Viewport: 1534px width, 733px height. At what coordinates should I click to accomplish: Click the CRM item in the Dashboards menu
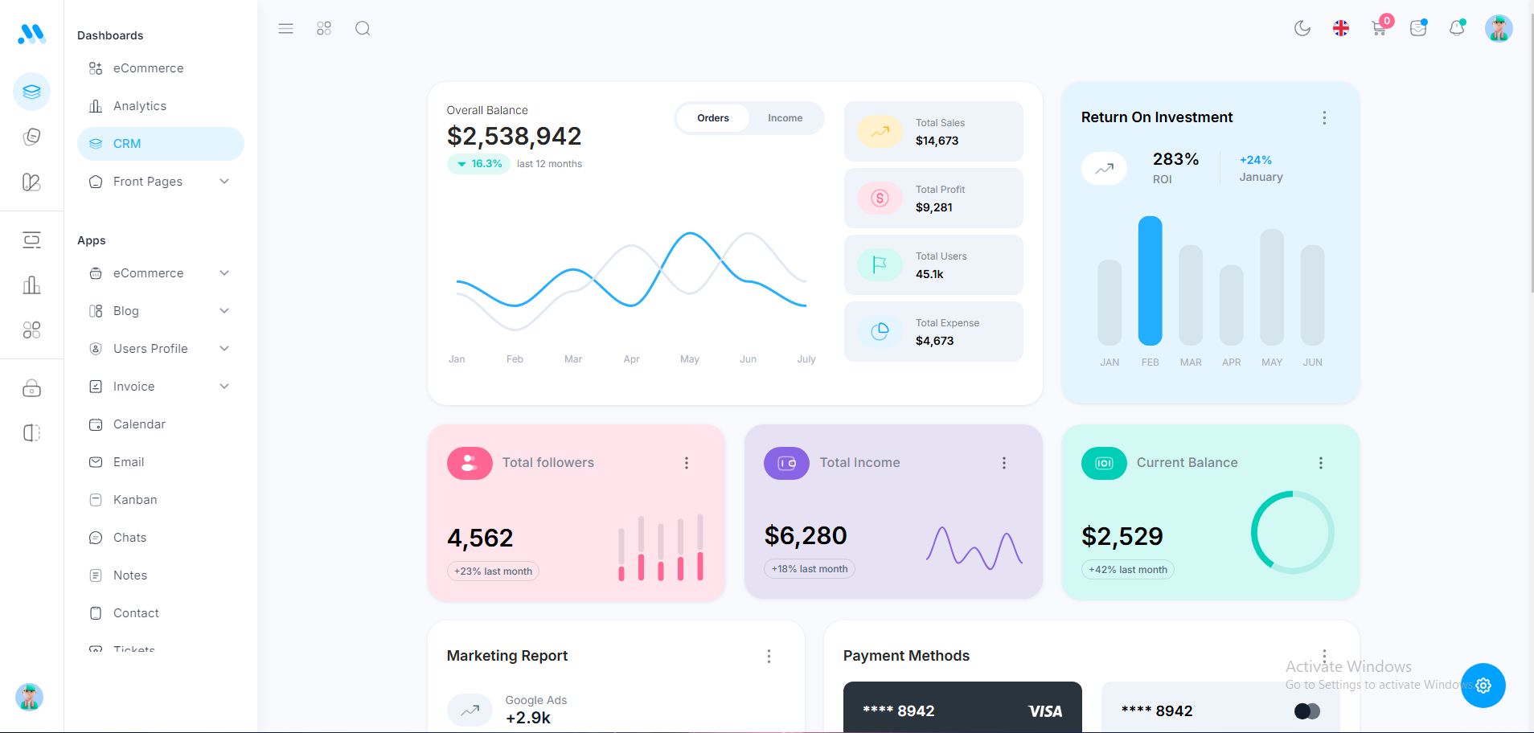127,144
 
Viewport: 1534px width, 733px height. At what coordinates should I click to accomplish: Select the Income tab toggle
785,118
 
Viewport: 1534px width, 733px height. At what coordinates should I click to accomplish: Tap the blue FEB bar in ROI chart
1150,281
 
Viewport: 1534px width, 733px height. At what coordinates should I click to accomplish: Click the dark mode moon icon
1302,29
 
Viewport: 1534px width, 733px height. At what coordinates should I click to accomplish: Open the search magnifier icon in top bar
363,29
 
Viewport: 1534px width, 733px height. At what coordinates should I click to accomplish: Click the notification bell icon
1456,29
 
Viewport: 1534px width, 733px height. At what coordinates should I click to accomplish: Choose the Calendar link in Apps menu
139,424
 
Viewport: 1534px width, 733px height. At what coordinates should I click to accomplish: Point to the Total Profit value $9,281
933,207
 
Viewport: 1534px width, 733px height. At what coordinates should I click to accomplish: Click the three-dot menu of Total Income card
1003,463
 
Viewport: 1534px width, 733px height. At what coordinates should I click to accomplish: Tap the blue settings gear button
1483,686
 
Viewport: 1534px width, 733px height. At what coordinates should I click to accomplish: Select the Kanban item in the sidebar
135,500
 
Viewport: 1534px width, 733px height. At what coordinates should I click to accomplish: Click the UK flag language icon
1340,29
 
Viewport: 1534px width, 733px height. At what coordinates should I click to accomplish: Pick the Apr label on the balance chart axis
631,359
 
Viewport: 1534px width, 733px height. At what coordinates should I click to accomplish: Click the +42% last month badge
1127,570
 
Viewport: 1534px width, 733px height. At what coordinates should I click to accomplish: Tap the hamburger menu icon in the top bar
285,29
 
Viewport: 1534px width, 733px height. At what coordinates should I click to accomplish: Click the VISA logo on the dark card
1044,711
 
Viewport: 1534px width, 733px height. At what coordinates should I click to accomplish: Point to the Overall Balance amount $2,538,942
514,137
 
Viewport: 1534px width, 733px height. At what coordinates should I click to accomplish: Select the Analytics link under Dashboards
140,106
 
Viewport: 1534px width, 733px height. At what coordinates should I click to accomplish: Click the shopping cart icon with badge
1379,29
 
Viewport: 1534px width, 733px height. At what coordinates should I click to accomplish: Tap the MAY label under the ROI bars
1271,362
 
